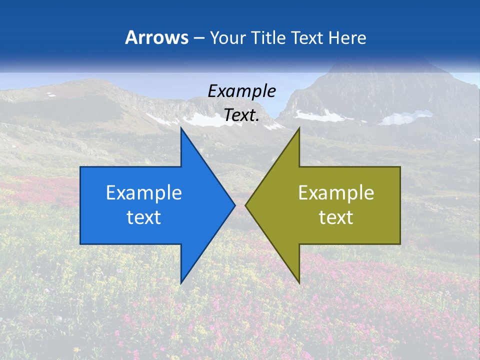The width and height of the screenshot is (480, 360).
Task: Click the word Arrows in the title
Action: coord(156,37)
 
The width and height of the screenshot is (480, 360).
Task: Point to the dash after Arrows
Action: coord(198,38)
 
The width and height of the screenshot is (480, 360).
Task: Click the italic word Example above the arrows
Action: coord(241,91)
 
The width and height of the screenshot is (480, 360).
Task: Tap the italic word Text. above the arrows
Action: coord(241,115)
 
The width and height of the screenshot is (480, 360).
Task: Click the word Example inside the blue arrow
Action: coord(143,192)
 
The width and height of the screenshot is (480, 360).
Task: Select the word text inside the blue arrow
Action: coord(143,217)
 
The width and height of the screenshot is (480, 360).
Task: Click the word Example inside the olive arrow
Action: coord(336,192)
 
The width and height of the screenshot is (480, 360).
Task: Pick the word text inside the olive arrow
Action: coord(336,217)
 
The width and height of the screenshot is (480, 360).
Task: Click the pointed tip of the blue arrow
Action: coord(234,205)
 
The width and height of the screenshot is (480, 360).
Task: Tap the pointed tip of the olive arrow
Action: coord(246,205)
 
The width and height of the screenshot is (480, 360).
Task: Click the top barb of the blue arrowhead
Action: coord(182,131)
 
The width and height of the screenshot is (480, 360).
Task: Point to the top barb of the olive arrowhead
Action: coord(298,131)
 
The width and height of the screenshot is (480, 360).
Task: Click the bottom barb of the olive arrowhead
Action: coord(298,281)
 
